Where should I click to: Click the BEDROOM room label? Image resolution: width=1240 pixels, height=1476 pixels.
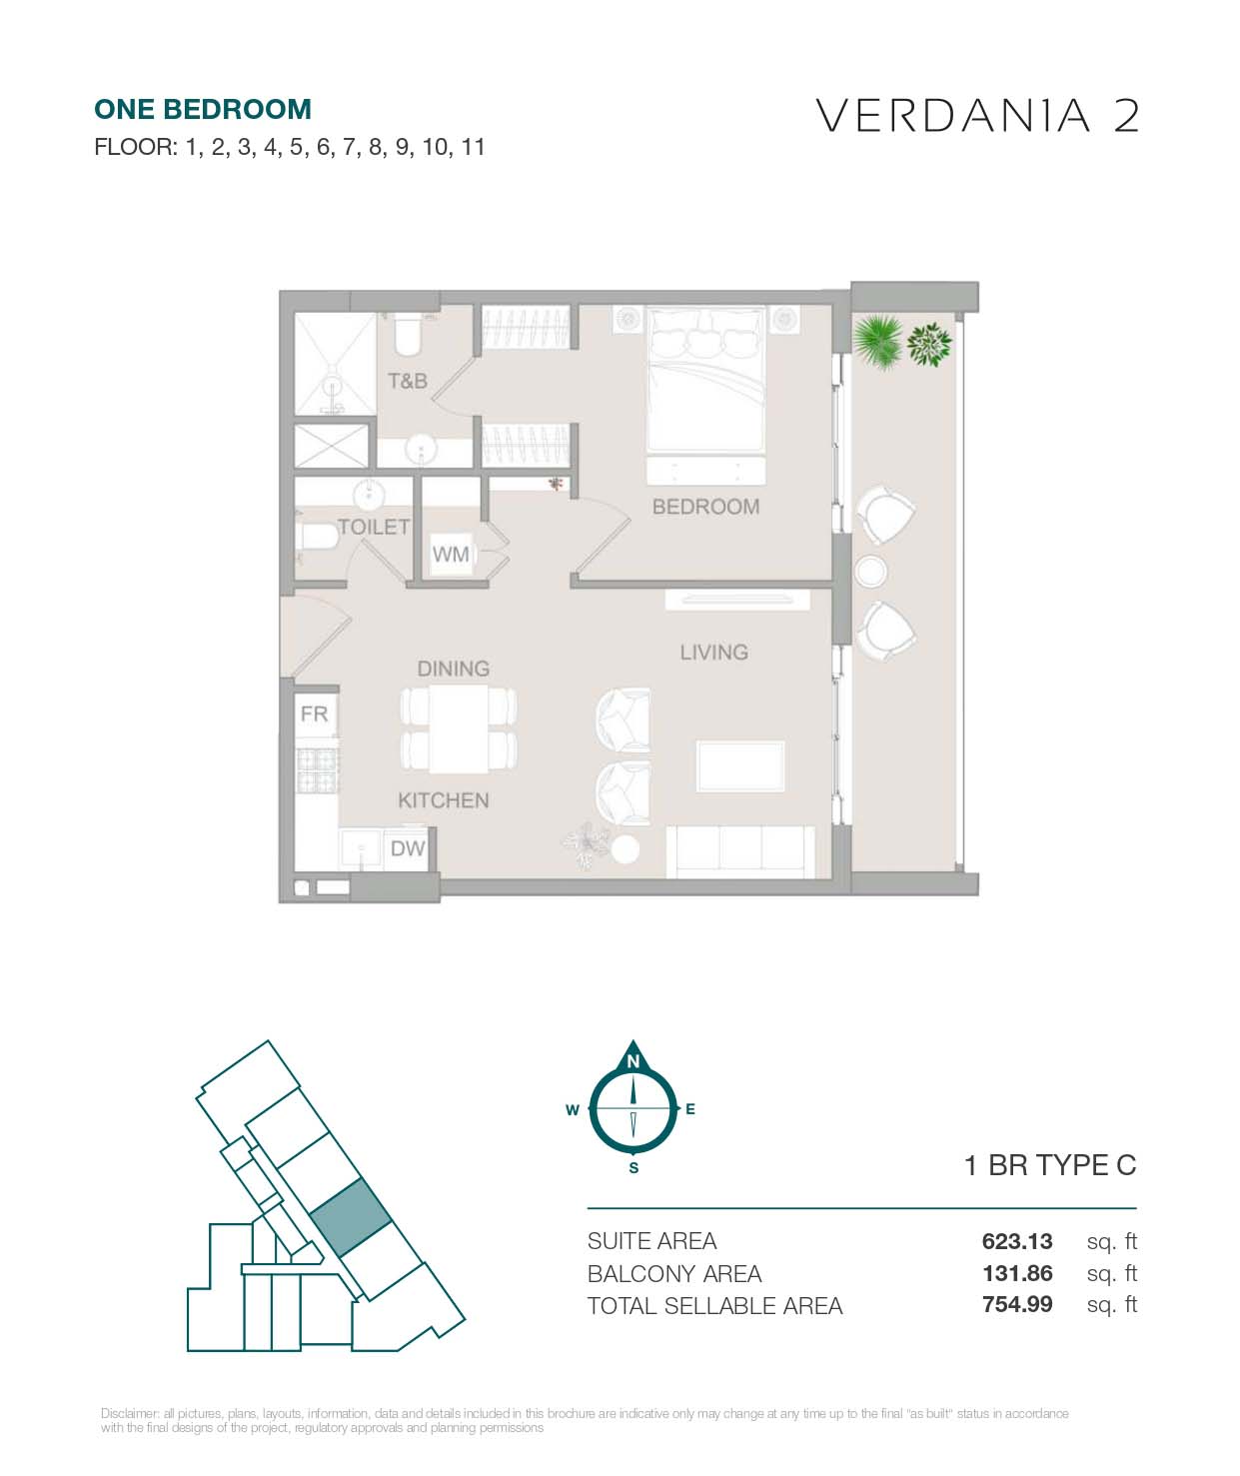coord(705,506)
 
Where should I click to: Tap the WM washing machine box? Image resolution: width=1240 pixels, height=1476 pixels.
coord(451,554)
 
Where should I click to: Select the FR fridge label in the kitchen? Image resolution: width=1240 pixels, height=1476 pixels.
coord(315,714)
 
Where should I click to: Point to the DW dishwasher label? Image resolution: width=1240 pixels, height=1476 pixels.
coord(408,848)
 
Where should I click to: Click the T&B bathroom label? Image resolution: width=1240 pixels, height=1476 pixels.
coord(408,381)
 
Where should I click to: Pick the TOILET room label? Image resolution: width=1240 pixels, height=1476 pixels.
coord(374,527)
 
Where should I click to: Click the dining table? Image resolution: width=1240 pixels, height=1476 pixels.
coord(458,729)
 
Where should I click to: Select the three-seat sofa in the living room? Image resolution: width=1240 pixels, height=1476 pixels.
coord(740,851)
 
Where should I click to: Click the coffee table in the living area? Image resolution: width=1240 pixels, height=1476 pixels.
coord(740,766)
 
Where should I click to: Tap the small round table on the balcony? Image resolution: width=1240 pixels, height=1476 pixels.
coord(870,571)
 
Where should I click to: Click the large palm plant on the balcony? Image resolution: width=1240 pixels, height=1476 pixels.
coord(878,342)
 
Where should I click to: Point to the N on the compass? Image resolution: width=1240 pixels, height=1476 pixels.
coord(633,1060)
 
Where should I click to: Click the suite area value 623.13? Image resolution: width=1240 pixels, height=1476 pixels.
coord(1017,1240)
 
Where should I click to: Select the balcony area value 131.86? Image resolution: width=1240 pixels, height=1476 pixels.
coord(1017,1273)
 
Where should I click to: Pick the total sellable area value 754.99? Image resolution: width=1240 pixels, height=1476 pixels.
coord(1017,1304)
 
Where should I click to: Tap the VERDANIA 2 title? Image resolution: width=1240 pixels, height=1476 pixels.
coord(977,116)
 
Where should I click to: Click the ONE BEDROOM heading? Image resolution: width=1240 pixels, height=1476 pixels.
coord(203,110)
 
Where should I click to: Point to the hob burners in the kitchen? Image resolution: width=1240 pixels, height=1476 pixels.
coord(317,770)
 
